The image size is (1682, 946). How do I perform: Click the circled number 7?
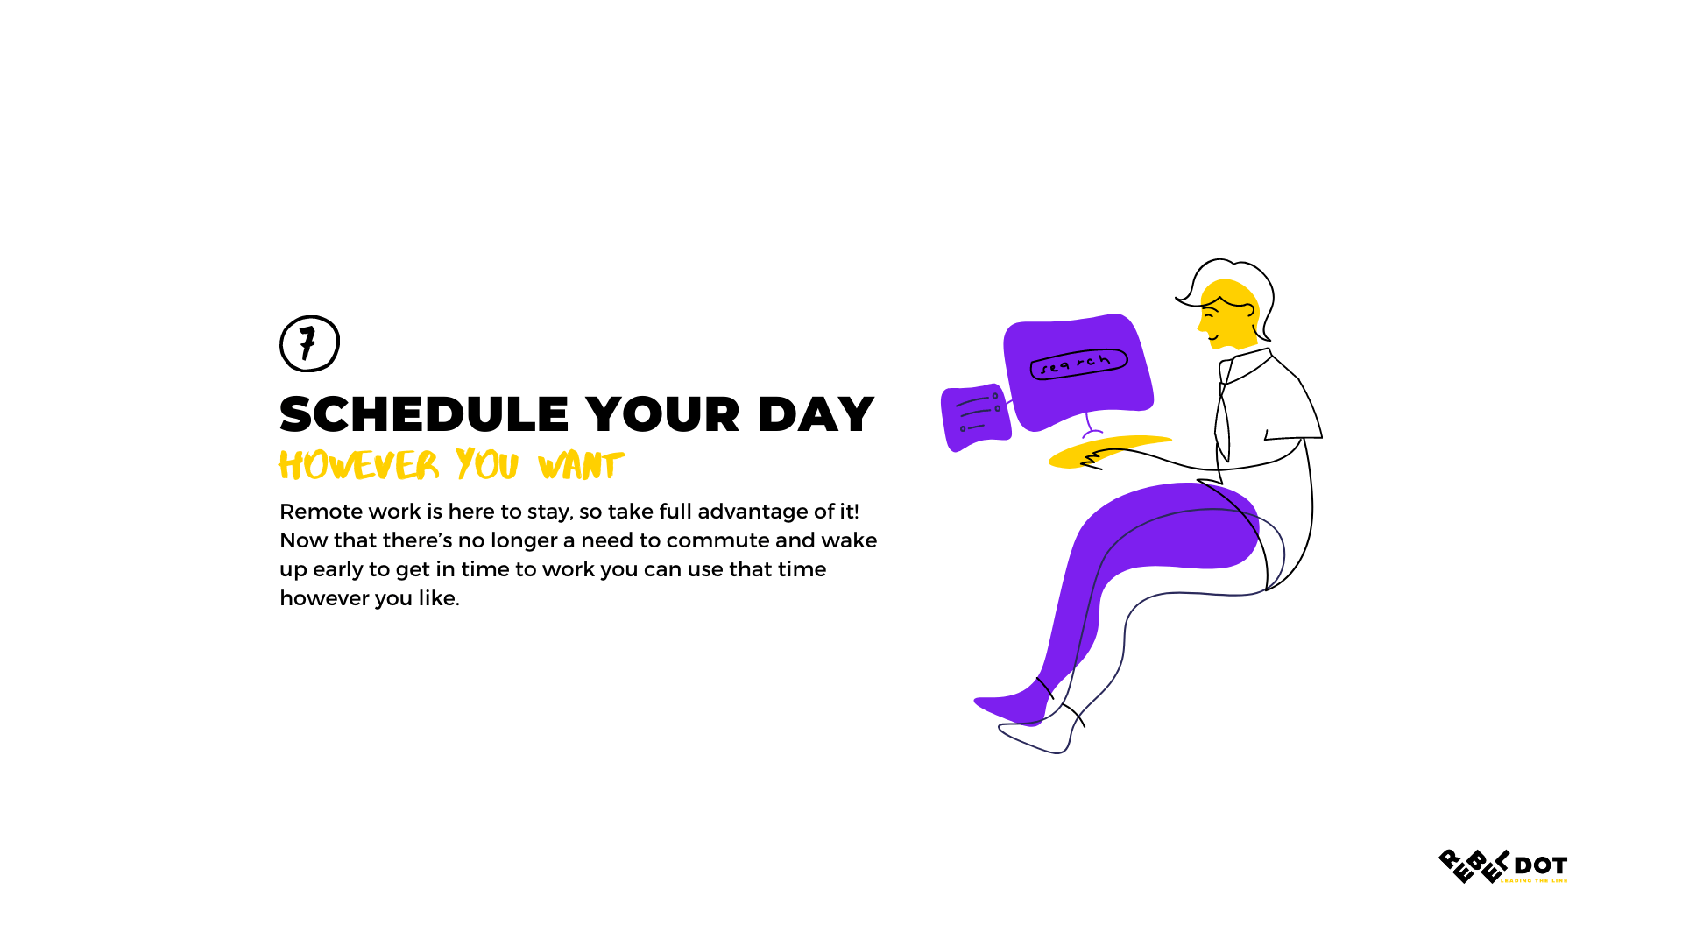309,343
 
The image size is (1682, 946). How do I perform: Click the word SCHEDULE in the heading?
424,414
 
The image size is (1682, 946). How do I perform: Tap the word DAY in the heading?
816,414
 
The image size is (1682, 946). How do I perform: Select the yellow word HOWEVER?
358,465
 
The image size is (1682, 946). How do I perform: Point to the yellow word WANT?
581,465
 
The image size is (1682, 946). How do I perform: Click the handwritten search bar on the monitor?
1078,364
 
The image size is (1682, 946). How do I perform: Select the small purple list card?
975,416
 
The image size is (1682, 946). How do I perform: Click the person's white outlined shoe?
1038,738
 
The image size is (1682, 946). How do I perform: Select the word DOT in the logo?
1540,865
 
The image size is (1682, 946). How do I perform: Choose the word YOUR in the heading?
662,414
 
